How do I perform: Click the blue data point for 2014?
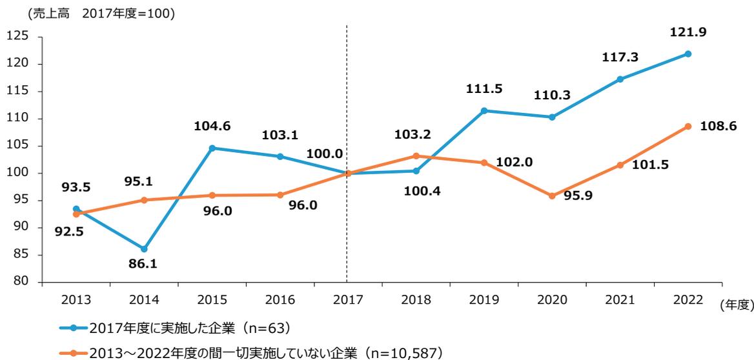(x=144, y=249)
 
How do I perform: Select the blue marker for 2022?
(x=688, y=54)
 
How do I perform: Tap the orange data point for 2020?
(x=552, y=195)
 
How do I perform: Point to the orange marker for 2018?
(x=416, y=155)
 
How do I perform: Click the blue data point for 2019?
(x=484, y=110)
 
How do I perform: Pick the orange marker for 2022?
(x=688, y=126)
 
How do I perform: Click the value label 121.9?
(x=688, y=33)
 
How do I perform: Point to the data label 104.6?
(x=212, y=128)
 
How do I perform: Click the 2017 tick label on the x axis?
(x=347, y=299)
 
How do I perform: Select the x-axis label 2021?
(x=620, y=299)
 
